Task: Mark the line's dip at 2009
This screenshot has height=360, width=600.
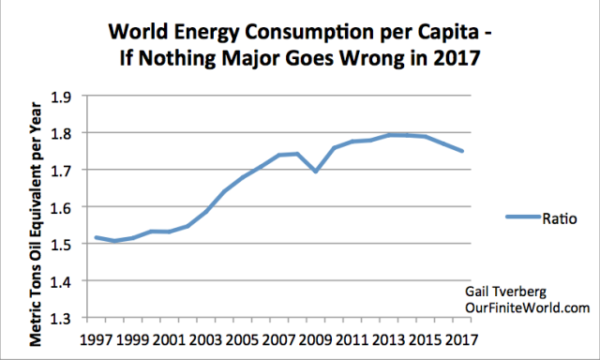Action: [315, 172]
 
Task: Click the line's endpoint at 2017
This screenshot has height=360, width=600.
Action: [459, 151]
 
